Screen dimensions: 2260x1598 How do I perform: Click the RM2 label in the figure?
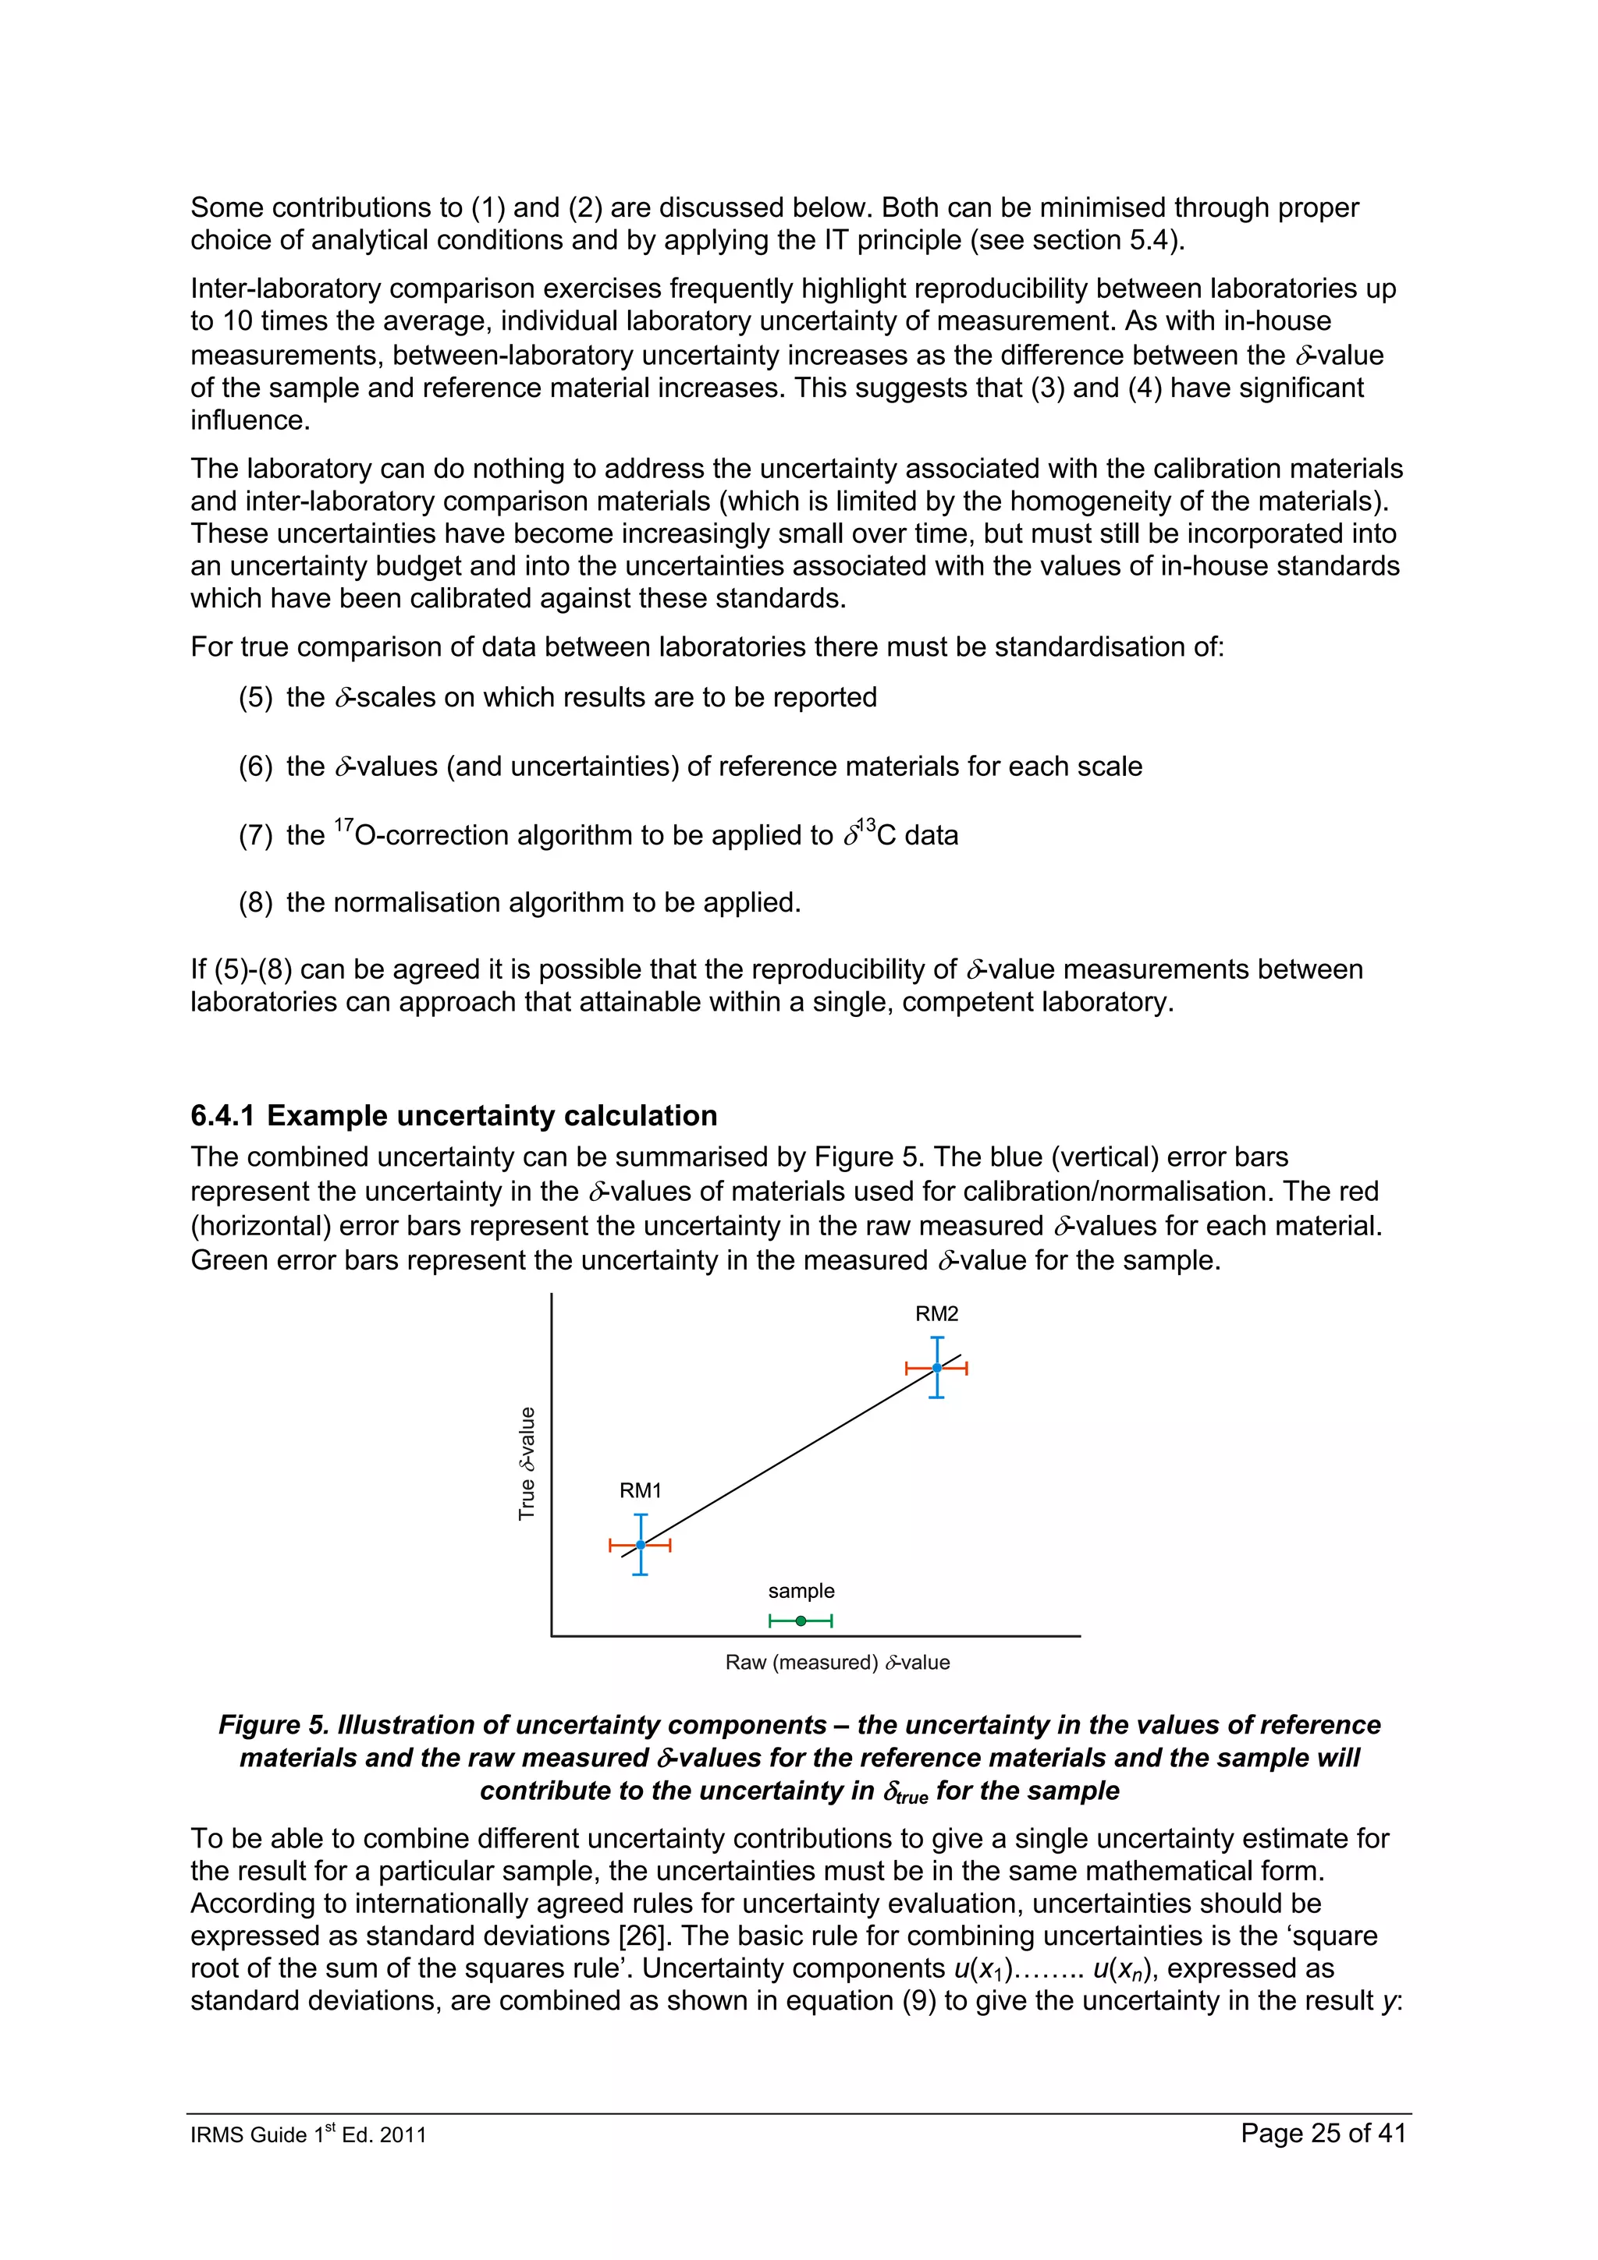tap(936, 1313)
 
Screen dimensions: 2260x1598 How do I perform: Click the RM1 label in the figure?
tap(640, 1490)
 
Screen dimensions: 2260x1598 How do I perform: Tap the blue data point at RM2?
tap(936, 1367)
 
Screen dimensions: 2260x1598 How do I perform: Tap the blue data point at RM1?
tap(640, 1544)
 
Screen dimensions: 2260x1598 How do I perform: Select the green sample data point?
tap(801, 1621)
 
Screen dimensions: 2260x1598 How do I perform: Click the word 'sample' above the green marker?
tap(801, 1591)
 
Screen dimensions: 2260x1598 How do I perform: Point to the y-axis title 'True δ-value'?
tap(527, 1463)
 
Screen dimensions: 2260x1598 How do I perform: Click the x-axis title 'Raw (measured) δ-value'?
tap(837, 1663)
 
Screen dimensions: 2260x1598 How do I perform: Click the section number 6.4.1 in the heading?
tap(222, 1115)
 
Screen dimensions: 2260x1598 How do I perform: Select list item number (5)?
tap(255, 697)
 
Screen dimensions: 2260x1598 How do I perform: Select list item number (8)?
tap(255, 902)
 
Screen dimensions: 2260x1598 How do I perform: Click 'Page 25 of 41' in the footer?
tap(1323, 2133)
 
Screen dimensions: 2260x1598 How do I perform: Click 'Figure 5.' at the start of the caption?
tap(273, 1726)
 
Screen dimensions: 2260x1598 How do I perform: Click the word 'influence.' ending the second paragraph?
tap(250, 420)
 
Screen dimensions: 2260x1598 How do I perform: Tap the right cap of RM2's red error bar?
tap(967, 1367)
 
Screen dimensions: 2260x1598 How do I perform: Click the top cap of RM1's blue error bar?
tap(640, 1515)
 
